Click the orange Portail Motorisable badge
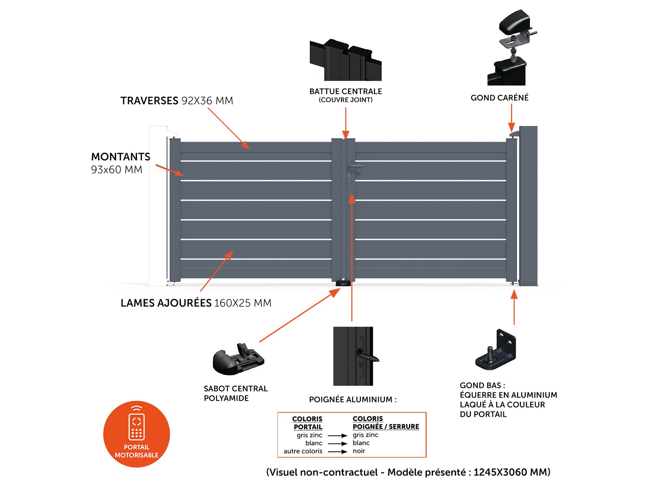[x=136, y=434]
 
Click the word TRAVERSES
[x=149, y=101]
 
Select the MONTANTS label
[x=121, y=157]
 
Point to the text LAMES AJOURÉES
[x=166, y=303]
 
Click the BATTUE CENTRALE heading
[x=345, y=91]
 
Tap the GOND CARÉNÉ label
[x=499, y=98]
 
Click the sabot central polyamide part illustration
[x=238, y=359]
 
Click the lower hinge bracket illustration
[x=496, y=350]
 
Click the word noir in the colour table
[x=359, y=451]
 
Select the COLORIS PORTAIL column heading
[x=307, y=423]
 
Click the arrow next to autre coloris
[x=337, y=451]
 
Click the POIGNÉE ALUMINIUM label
[x=353, y=400]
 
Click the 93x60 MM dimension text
[x=117, y=170]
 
